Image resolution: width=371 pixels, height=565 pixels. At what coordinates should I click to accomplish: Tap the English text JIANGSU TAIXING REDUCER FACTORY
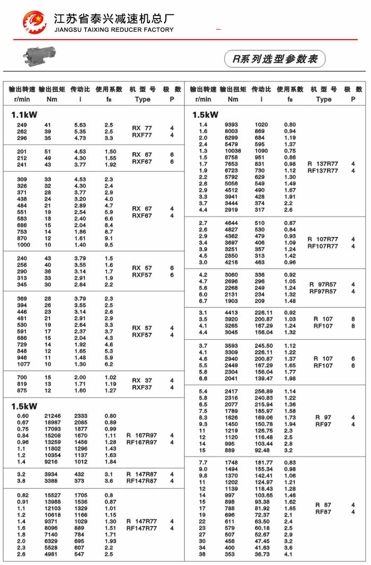click(114, 30)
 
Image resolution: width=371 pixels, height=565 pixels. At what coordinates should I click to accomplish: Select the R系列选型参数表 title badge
click(275, 59)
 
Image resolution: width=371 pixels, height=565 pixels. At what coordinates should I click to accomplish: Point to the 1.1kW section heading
click(24, 114)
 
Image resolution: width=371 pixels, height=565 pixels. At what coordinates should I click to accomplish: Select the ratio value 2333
click(81, 416)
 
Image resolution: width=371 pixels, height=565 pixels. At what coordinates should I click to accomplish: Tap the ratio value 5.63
click(80, 125)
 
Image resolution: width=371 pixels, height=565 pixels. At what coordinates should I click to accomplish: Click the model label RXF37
click(142, 387)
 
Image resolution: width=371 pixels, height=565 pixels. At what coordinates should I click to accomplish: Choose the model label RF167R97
click(142, 442)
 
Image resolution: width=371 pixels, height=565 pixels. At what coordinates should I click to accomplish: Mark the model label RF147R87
click(142, 481)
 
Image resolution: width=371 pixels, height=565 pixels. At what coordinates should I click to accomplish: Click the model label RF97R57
click(323, 291)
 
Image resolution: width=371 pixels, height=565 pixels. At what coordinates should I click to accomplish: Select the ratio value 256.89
click(263, 391)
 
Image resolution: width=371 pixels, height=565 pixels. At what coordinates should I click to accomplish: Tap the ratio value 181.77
click(263, 462)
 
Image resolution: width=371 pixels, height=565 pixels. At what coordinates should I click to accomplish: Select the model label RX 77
click(142, 128)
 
